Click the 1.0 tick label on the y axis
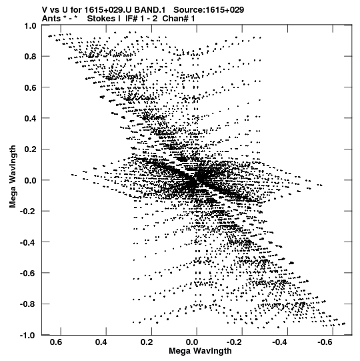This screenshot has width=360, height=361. coord(31,26)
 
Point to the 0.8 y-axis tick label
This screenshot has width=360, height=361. coord(31,57)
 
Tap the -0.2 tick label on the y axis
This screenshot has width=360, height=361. coord(28,212)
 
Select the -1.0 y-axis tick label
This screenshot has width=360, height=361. coord(28,335)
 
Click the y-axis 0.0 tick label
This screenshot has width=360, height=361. coord(31,180)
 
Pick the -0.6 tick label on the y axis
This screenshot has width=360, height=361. coord(28,274)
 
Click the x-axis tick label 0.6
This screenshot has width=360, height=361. coord(56,342)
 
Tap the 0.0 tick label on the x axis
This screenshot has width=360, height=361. coord(192,342)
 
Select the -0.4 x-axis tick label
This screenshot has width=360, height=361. coord(280,342)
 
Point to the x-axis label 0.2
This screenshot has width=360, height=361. coord(147,342)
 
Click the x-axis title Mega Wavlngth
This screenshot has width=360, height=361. coord(200,351)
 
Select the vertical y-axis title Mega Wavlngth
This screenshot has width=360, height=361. coord(13,177)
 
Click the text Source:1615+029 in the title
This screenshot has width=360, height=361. coord(209,10)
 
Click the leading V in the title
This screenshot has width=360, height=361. coord(45,10)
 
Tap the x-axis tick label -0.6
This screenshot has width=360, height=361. coord(326,342)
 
